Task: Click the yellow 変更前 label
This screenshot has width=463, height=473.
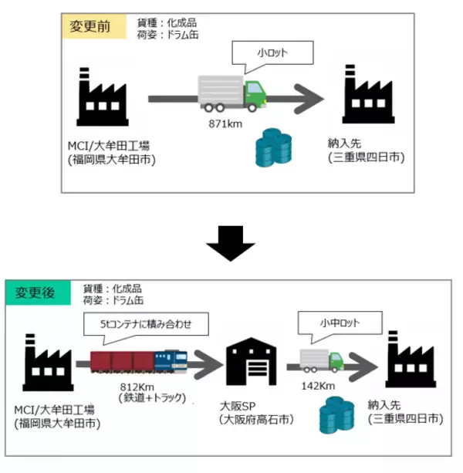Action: click(x=92, y=26)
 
